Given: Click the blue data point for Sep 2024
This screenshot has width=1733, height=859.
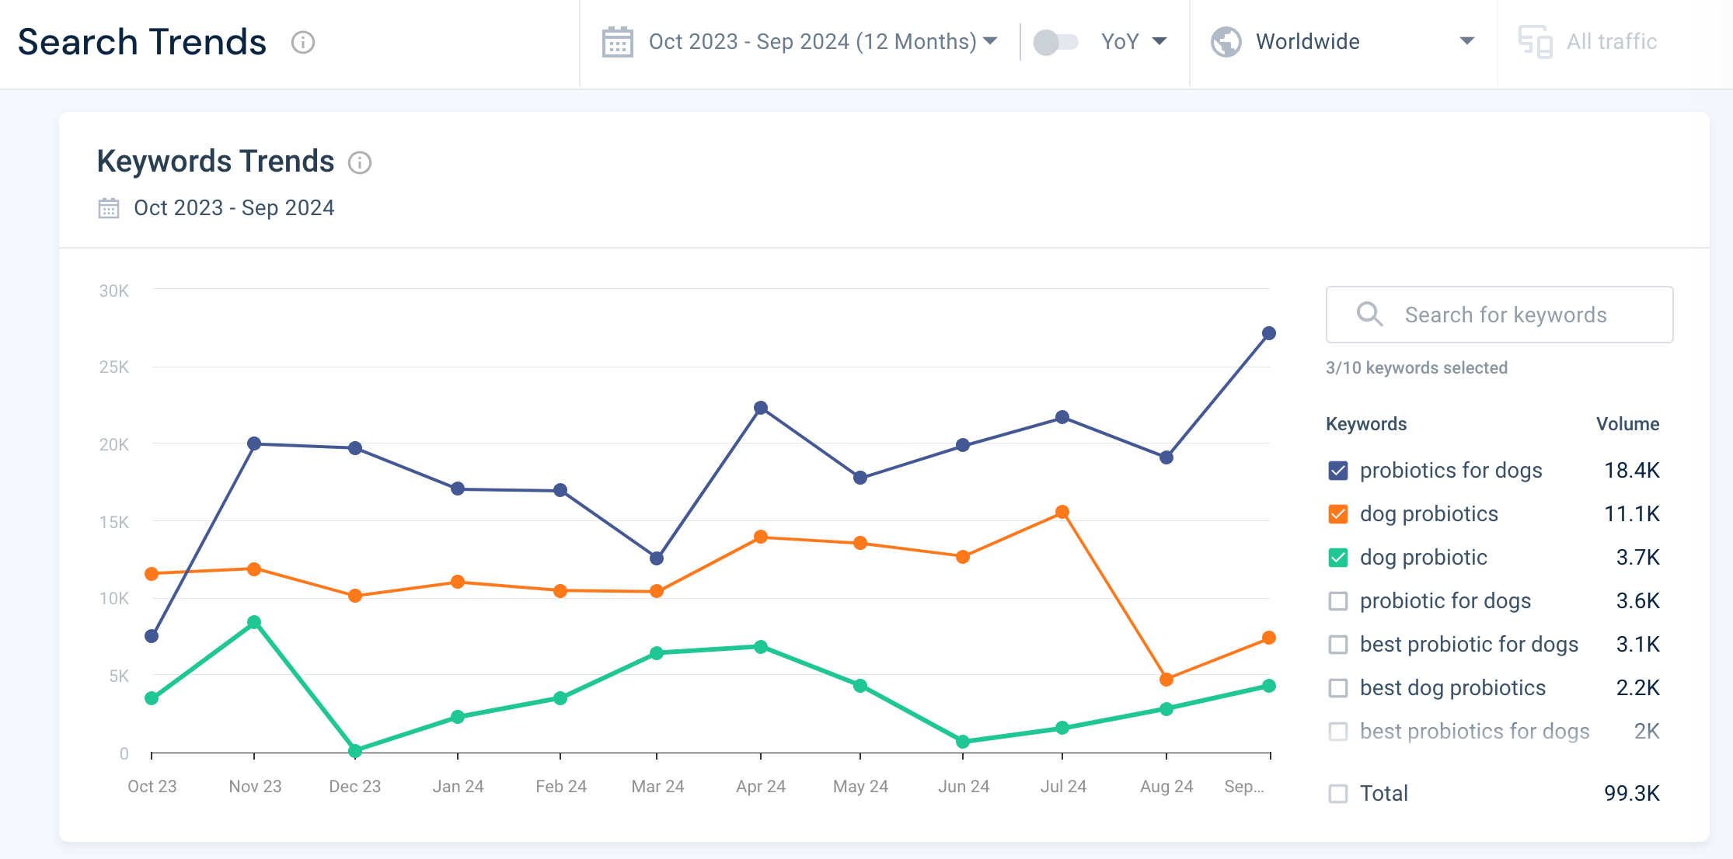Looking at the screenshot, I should [1269, 333].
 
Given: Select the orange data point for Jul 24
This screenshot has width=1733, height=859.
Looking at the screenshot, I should [1062, 512].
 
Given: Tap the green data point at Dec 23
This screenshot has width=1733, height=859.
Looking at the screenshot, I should [355, 750].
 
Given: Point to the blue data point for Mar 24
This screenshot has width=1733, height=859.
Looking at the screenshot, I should [657, 558].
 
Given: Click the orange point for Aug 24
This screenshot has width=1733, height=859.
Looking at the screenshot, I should [1166, 680].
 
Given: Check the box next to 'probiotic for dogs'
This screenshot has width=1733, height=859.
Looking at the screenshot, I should [1338, 601].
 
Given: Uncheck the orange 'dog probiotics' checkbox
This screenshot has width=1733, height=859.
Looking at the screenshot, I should [1338, 514].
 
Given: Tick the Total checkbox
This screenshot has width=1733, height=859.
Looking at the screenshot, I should [1338, 794].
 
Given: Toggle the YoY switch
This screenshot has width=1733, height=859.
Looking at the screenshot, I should [1055, 42].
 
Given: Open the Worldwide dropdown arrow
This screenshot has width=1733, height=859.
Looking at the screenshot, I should [1466, 41].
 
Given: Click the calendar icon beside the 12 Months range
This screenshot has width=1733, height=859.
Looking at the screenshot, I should [618, 42].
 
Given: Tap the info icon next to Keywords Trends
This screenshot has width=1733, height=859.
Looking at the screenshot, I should [360, 162].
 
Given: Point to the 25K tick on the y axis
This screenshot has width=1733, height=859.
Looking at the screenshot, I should [114, 367].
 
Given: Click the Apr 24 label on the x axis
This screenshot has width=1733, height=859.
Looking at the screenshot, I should [761, 786].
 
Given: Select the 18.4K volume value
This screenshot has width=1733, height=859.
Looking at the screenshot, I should [1631, 471].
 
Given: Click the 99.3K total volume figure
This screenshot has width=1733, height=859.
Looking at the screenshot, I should [1631, 794].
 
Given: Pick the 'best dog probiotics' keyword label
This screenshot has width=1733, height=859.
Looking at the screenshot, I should [1452, 688].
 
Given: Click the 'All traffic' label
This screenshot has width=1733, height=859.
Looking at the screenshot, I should [1612, 42].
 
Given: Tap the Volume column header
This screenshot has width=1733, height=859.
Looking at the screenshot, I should [1627, 424].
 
